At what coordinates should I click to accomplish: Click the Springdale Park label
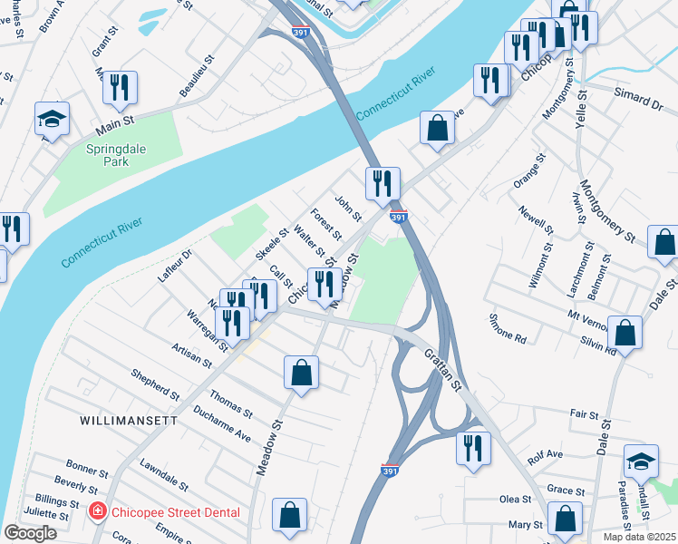107,155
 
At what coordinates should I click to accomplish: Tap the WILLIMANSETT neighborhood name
124,421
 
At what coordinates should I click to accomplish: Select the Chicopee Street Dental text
176,512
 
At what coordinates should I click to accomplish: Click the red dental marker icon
98,512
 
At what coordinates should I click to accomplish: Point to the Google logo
30,533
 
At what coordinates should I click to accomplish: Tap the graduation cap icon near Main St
53,119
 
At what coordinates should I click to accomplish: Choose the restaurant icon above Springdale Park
120,87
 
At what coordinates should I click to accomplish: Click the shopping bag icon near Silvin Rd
625,332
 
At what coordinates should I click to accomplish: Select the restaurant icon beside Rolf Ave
473,448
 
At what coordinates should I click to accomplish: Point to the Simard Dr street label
638,99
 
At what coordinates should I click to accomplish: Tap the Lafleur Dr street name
176,266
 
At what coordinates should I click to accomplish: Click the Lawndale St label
163,474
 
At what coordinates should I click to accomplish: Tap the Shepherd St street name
155,384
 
